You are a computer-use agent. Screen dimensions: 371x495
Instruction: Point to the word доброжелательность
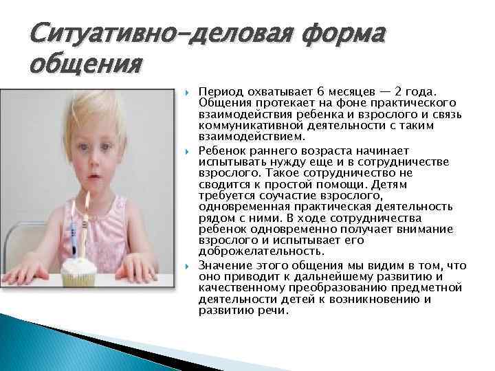250,251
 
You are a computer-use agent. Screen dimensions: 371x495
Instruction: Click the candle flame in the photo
87,201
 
